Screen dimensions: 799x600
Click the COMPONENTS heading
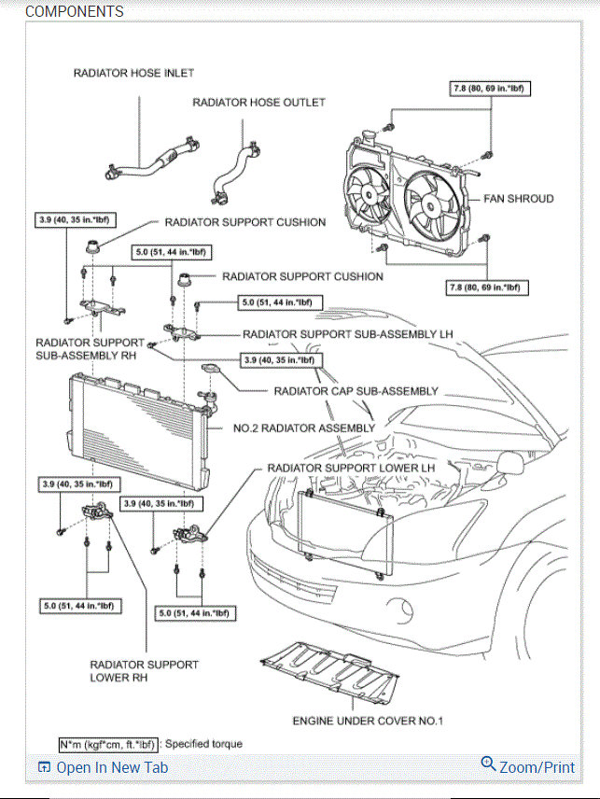(74, 12)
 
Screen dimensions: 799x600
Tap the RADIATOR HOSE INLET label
(133, 73)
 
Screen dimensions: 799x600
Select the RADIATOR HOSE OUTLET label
(258, 103)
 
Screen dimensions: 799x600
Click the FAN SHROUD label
(518, 199)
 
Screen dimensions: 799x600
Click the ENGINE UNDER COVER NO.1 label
(368, 721)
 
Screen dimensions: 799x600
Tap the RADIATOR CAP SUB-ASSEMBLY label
(356, 391)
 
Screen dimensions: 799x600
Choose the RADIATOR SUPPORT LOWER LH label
(351, 467)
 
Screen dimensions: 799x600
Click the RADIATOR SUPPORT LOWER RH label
(144, 670)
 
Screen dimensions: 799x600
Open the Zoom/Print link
(528, 766)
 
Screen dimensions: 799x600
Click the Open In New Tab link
(104, 767)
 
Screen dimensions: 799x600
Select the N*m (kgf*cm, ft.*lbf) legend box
(108, 744)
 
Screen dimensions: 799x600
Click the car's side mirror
(513, 460)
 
